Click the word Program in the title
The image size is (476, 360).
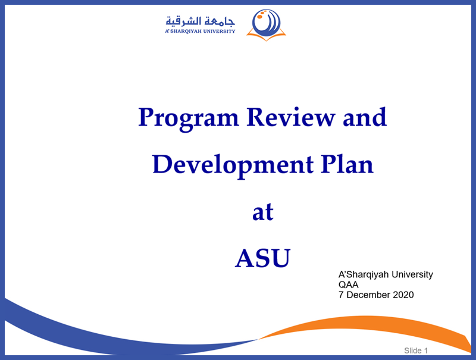pos(189,119)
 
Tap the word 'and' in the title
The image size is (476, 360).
pos(365,117)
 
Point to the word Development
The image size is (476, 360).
pos(233,166)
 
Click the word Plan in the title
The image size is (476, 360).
pos(347,164)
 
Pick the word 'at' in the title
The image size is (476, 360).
pos(263,212)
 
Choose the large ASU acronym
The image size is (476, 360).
pos(263,258)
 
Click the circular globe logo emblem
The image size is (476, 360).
pos(266,23)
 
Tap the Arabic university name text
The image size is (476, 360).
pos(201,21)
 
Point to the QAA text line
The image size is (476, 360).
pos(348,284)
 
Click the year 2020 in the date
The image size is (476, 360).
pos(403,295)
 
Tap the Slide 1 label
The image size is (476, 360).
pos(416,350)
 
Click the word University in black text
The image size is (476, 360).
pos(412,275)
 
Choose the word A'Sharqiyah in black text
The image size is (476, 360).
pos(364,275)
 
